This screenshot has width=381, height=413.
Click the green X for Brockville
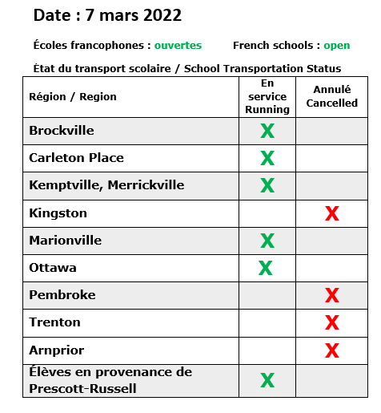click(x=267, y=131)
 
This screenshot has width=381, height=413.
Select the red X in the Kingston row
click(x=331, y=213)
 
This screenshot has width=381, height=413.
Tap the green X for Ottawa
click(x=265, y=268)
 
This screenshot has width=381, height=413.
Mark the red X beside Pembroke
click(x=331, y=296)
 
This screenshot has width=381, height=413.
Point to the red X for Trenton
click(x=331, y=323)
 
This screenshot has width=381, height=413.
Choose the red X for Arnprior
click(x=331, y=350)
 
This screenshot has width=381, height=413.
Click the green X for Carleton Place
click(x=267, y=158)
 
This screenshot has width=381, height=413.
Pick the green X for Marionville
click(x=267, y=241)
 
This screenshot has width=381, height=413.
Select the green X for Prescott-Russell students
click(x=267, y=380)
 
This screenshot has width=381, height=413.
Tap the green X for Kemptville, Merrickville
click(x=267, y=185)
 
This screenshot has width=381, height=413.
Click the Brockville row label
click(x=62, y=131)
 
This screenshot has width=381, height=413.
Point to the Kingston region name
click(x=58, y=213)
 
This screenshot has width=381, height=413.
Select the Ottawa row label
click(x=53, y=268)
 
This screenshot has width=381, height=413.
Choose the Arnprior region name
click(x=56, y=350)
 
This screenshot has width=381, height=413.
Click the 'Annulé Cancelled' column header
click(x=331, y=97)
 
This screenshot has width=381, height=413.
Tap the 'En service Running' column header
click(x=267, y=96)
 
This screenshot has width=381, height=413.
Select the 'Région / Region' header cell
click(x=73, y=97)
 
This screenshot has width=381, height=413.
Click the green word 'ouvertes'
click(x=178, y=46)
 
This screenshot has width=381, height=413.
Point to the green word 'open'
click(x=337, y=46)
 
